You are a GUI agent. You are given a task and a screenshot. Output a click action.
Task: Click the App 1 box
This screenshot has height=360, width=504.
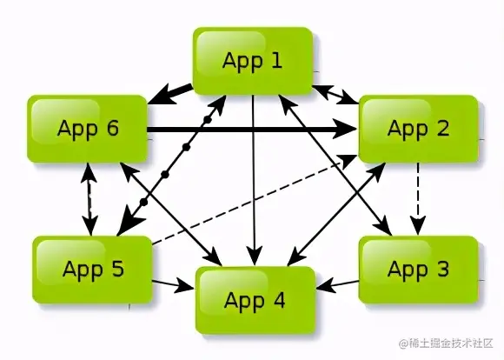(x=253, y=61)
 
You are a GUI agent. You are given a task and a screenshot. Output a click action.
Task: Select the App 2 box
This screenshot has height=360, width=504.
(x=418, y=129)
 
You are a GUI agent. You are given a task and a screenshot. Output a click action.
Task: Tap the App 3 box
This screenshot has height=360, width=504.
(x=418, y=270)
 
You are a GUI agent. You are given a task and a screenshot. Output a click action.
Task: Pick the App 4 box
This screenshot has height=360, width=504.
(x=255, y=300)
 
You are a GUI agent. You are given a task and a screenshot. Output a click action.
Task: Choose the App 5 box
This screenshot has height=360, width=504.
(x=92, y=270)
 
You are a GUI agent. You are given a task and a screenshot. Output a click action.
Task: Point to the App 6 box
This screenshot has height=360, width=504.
(x=88, y=129)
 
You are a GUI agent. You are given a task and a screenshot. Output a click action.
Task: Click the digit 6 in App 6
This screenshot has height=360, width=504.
(x=112, y=128)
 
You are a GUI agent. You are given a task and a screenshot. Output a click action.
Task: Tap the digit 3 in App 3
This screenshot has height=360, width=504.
(x=442, y=269)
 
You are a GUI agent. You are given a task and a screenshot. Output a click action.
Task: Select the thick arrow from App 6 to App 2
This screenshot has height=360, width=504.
(x=253, y=130)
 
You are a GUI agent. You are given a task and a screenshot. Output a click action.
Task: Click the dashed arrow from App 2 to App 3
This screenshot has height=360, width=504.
(x=418, y=199)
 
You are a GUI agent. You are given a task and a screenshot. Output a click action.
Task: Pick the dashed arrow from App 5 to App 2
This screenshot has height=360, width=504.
(x=254, y=200)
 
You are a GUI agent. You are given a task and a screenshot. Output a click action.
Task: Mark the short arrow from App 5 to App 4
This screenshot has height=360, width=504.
(x=174, y=284)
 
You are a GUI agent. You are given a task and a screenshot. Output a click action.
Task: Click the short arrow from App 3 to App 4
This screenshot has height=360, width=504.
(x=337, y=284)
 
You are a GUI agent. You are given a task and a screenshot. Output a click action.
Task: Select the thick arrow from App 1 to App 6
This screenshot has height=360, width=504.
(x=170, y=94)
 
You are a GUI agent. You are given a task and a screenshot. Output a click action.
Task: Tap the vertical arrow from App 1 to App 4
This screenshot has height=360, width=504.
(x=255, y=181)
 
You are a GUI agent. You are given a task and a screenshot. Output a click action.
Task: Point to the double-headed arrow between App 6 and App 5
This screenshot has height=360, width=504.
(x=90, y=199)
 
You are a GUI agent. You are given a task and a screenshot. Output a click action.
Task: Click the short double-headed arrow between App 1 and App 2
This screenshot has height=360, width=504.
(x=335, y=95)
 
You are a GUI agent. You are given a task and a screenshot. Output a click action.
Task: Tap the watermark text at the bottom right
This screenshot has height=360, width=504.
(x=447, y=343)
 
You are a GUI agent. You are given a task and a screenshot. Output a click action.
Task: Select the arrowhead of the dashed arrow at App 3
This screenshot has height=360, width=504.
(x=418, y=226)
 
